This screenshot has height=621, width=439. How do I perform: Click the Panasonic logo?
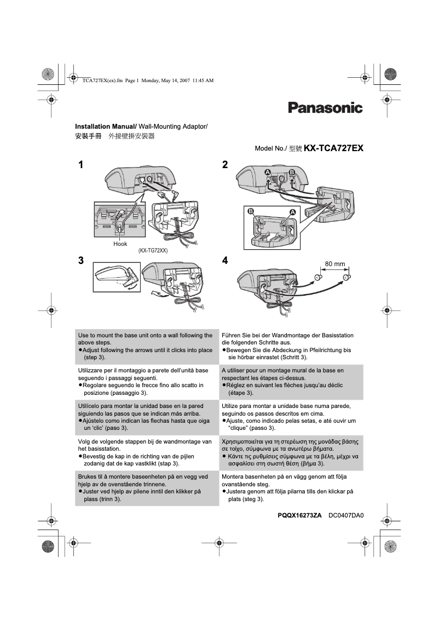(x=325, y=108)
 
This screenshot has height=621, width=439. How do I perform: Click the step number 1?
(x=80, y=165)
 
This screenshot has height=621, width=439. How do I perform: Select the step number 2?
(x=225, y=165)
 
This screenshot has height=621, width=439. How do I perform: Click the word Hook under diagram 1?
(x=120, y=244)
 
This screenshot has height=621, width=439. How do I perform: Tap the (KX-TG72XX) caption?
(x=153, y=251)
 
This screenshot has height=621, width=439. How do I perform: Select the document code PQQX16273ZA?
(x=299, y=515)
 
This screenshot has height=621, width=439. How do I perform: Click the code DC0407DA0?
(x=346, y=515)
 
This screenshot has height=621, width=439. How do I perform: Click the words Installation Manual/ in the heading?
(x=105, y=127)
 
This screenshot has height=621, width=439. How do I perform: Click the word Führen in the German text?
(x=231, y=335)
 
